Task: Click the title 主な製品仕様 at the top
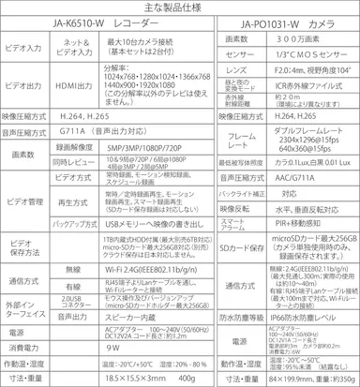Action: pos(179,9)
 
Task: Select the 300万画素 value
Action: pos(302,43)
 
